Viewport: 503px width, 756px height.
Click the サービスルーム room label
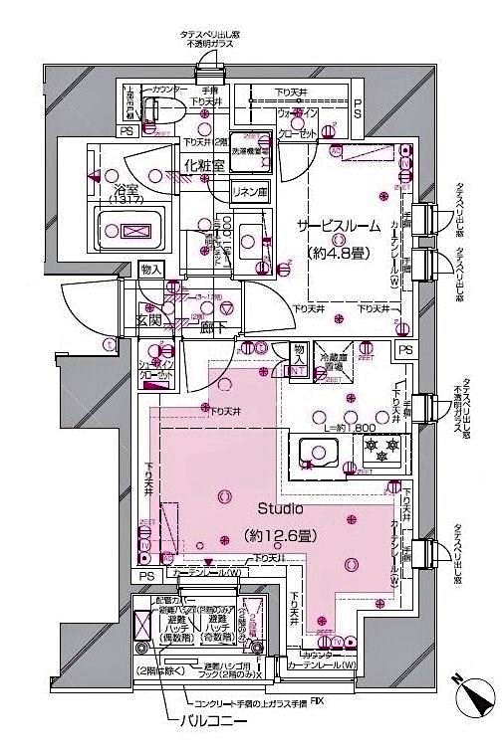point(334,227)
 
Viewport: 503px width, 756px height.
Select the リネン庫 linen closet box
point(250,191)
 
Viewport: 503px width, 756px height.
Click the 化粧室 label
point(204,166)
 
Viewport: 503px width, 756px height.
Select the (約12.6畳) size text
point(280,536)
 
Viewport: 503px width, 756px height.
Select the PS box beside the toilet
point(126,130)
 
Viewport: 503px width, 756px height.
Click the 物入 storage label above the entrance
point(150,270)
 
